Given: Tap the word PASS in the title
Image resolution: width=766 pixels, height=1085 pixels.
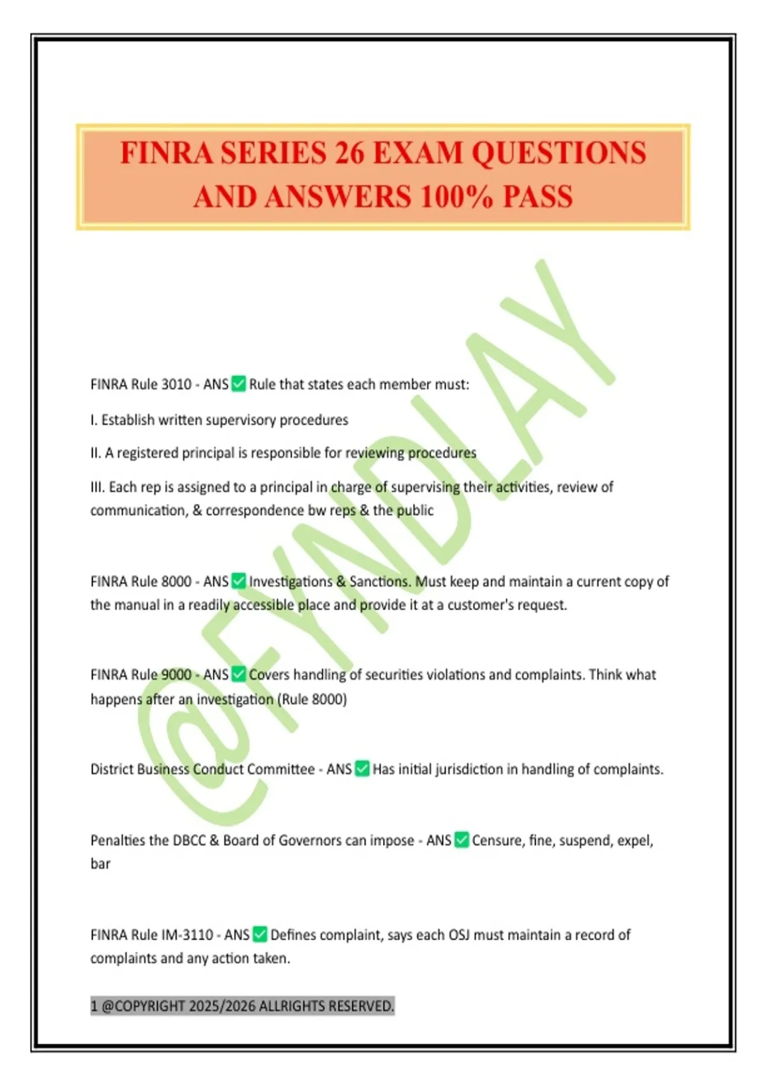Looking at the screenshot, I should point(537,197).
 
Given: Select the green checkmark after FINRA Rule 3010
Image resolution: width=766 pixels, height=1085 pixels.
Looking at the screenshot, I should point(239,384).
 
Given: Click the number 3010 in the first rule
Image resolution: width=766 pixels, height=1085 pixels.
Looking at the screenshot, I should point(176,384).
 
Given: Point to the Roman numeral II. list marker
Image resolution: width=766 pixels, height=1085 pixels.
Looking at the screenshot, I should point(96,453).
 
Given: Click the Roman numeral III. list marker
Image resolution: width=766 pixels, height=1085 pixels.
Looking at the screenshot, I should point(98,487).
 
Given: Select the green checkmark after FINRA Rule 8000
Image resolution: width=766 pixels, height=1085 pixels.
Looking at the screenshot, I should point(239,581).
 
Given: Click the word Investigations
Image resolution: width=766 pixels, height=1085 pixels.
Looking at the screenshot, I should point(290,581).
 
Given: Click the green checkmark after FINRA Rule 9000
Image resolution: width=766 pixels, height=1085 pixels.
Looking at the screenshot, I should point(239,675).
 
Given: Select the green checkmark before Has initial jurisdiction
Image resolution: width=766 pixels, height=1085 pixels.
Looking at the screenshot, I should point(362,769).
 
